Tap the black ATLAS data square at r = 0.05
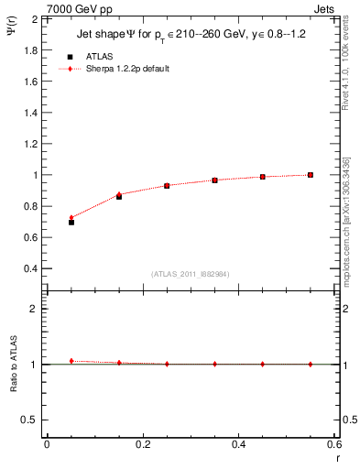coord(71,223)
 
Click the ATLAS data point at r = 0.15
coord(119,197)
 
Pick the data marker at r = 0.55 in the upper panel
coord(311,175)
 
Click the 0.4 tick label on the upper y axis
coord(30,268)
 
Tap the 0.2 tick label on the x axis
coord(142,444)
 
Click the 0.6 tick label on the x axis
coord(334,444)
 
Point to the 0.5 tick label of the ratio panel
coord(30,420)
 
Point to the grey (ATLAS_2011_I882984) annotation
coord(191,274)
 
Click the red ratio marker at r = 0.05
coord(71,361)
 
